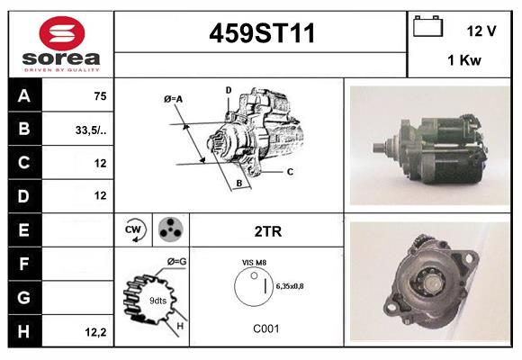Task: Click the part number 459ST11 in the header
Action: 262,34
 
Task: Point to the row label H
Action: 24,331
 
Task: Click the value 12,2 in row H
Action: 96,332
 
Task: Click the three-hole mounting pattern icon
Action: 170,230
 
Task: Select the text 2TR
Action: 268,231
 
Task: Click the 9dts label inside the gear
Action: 157,300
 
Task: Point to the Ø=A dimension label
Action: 173,98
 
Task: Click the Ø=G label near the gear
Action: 176,261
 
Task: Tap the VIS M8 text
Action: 253,262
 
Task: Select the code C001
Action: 266,328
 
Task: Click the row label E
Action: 24,230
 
